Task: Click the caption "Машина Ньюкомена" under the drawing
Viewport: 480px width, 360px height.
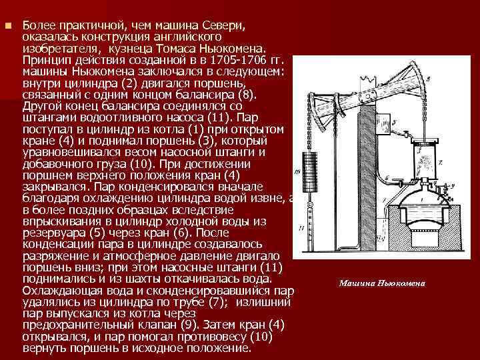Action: pyautogui.click(x=381, y=283)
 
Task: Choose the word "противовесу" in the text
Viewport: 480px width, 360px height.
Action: pyautogui.click(x=199, y=336)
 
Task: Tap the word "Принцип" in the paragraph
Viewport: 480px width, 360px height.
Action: pyautogui.click(x=46, y=61)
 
